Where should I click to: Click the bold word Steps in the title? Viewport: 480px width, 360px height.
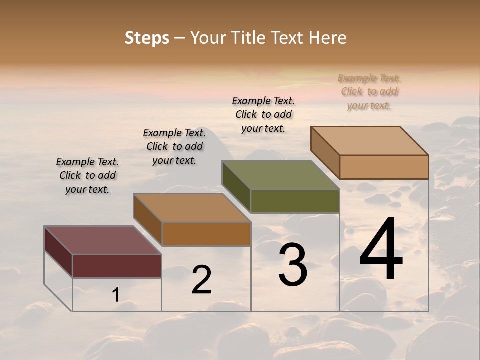[x=147, y=38]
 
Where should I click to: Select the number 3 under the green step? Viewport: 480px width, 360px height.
[x=293, y=266]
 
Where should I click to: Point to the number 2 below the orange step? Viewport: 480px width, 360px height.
[x=202, y=280]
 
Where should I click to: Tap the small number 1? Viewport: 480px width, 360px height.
[x=115, y=295]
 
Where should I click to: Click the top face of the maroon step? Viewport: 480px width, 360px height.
[x=102, y=240]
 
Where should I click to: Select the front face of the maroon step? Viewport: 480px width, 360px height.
[x=117, y=266]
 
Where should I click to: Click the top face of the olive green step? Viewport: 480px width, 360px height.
[x=280, y=175]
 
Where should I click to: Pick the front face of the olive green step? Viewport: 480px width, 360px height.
[x=295, y=201]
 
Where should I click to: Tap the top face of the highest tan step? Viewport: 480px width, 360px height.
[x=369, y=140]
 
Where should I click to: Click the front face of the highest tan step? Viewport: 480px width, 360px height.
[x=384, y=167]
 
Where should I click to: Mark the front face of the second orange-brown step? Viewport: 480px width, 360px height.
[x=206, y=234]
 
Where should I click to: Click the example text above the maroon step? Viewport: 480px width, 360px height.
[x=87, y=175]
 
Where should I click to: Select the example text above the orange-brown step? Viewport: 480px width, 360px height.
[x=174, y=146]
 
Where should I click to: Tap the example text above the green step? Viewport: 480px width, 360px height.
[x=263, y=114]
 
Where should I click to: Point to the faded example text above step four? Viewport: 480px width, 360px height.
[x=369, y=91]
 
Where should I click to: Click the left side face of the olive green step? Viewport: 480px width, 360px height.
[x=236, y=186]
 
